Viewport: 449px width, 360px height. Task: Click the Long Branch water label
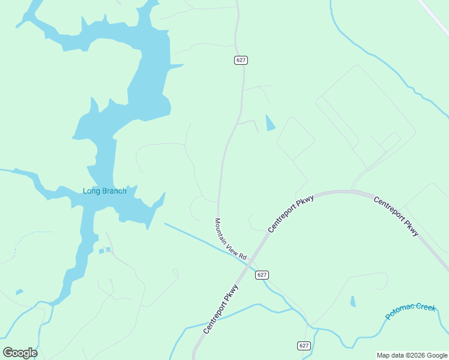click(104, 191)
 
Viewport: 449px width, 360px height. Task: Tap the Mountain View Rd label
click(231, 239)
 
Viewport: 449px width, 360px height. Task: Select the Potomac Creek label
click(410, 311)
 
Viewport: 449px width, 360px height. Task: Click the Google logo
click(20, 353)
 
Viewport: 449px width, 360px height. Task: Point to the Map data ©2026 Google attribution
click(412, 355)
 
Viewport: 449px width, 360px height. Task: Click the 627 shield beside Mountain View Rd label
click(261, 275)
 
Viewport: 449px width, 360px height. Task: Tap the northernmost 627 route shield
click(241, 60)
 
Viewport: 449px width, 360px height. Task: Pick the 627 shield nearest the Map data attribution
click(304, 346)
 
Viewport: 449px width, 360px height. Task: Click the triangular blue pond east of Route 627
click(270, 123)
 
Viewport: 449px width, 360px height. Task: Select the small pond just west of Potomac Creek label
click(353, 301)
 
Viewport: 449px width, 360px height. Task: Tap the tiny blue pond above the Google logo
click(19, 292)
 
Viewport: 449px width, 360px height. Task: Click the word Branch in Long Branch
click(114, 191)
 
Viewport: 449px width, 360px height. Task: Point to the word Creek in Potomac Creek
click(425, 308)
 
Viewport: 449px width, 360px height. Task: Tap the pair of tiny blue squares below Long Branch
click(105, 250)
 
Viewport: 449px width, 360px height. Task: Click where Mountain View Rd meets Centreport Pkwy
click(252, 262)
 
